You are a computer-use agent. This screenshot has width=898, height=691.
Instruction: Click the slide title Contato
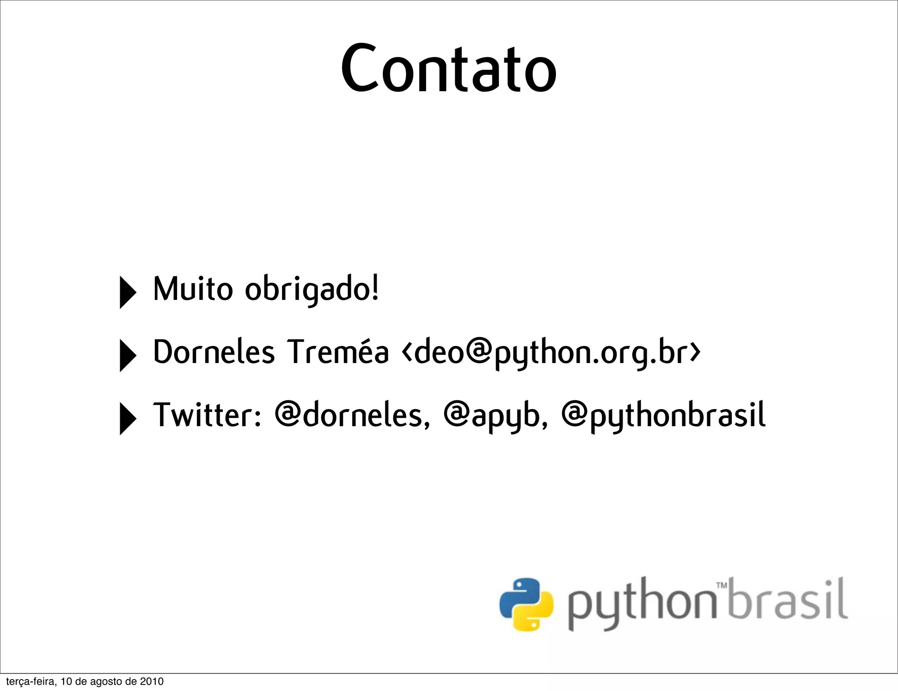point(449,68)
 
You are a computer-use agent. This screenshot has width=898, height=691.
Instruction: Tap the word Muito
point(193,289)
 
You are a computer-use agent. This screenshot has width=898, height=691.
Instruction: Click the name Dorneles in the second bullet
point(214,352)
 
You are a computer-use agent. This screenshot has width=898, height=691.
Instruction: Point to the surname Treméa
point(338,352)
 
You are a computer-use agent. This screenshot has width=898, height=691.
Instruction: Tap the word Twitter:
point(207,415)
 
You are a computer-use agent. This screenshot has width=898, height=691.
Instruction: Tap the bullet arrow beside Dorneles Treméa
point(127,356)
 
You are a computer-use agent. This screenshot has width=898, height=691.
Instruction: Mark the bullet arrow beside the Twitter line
point(127,418)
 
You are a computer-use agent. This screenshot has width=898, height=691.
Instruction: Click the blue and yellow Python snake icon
point(526,604)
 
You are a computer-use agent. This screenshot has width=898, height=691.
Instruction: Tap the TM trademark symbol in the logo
point(722,585)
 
